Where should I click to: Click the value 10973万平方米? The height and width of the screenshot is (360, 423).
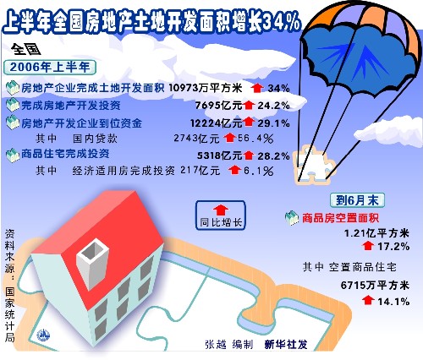pyautogui.click(x=206, y=88)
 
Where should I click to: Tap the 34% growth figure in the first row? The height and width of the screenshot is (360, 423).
pyautogui.click(x=278, y=89)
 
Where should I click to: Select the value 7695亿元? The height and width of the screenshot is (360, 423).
pyautogui.click(x=219, y=106)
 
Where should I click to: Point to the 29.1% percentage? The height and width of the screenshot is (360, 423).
pyautogui.click(x=273, y=123)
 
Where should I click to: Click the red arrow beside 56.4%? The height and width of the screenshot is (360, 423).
pyautogui.click(x=229, y=138)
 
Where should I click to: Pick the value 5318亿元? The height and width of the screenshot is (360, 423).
pyautogui.click(x=219, y=155)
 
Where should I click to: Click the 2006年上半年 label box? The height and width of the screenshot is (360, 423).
pyautogui.click(x=50, y=68)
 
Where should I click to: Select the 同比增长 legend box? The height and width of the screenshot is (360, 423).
pyautogui.click(x=221, y=215)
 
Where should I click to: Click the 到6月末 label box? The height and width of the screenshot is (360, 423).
pyautogui.click(x=357, y=200)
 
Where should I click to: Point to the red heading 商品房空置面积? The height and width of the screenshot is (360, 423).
pyautogui.click(x=340, y=218)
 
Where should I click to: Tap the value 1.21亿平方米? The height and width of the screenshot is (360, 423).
pyautogui.click(x=376, y=233)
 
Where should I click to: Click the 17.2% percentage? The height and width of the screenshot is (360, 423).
pyautogui.click(x=393, y=247)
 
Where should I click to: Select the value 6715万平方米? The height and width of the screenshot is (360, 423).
pyautogui.click(x=375, y=286)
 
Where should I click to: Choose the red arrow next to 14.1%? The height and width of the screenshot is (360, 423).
pyautogui.click(x=368, y=300)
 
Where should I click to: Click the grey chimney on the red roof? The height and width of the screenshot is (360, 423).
pyautogui.click(x=93, y=264)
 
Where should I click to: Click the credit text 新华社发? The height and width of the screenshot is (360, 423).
pyautogui.click(x=286, y=344)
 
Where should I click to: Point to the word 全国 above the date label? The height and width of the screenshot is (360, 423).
pyautogui.click(x=26, y=50)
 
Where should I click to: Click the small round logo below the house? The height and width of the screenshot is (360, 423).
pyautogui.click(x=43, y=335)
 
